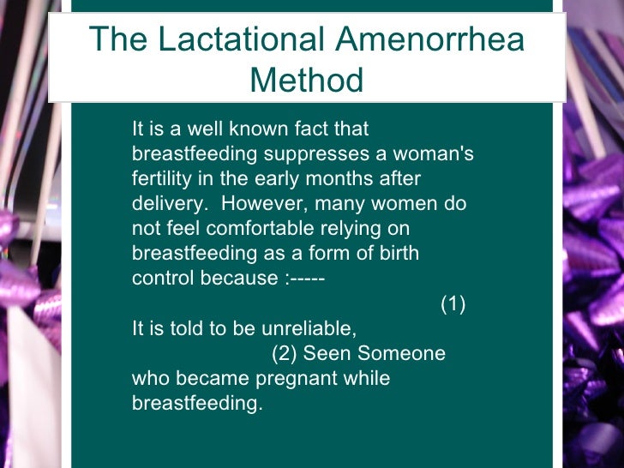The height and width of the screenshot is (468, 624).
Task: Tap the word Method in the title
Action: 306,81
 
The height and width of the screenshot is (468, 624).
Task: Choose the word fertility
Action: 164,179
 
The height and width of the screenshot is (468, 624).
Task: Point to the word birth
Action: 397,254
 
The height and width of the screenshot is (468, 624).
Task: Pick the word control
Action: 161,279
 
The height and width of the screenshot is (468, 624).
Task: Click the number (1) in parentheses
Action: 453,304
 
